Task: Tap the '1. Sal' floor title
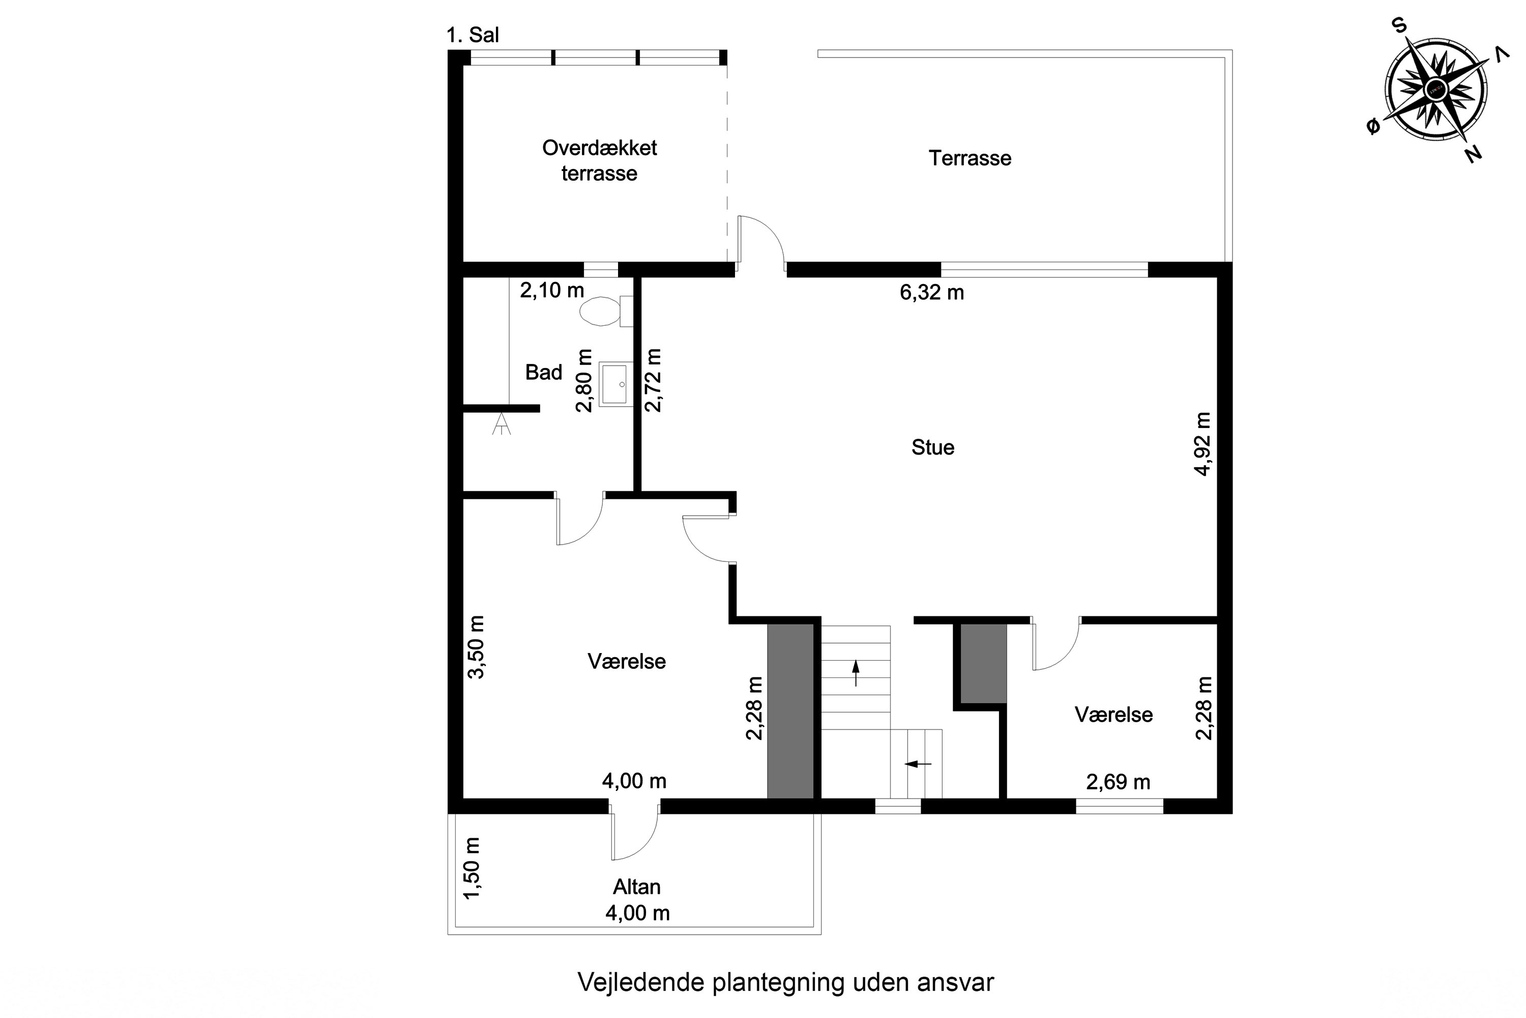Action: coord(473,35)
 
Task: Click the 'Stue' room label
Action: coord(932,447)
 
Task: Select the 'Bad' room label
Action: coord(543,372)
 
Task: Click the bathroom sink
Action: coord(614,384)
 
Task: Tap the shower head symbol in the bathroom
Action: coord(501,425)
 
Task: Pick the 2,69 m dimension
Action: coord(1118,782)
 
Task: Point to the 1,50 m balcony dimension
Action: coord(473,868)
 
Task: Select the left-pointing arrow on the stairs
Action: coord(918,764)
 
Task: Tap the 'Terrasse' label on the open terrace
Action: coord(970,158)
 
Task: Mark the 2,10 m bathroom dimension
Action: coord(551,290)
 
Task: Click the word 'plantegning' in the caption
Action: coord(779,982)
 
